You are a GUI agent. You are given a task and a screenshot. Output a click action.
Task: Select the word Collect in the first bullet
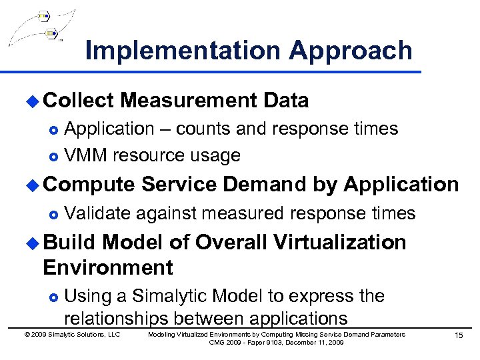pos(79,101)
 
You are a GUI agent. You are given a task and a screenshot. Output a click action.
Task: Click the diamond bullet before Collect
pos(33,101)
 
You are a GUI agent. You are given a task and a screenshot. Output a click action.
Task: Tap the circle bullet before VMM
pos(54,157)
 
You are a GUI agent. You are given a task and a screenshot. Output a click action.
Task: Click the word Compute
pos(89,184)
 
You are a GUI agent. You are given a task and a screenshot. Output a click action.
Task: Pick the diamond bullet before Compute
pos(33,185)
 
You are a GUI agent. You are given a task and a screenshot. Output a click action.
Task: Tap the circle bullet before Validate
pos(54,213)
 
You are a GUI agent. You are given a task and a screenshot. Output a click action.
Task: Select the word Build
pos(69,241)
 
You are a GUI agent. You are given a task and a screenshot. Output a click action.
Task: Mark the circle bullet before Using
pos(54,297)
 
